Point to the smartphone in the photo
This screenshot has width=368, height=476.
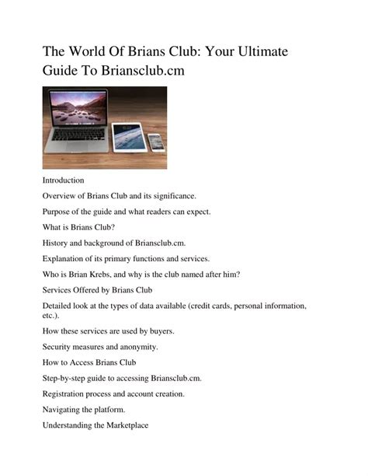(x=155, y=142)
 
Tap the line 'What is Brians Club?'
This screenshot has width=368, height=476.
(x=78, y=228)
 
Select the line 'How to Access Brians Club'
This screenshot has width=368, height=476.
(x=89, y=362)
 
